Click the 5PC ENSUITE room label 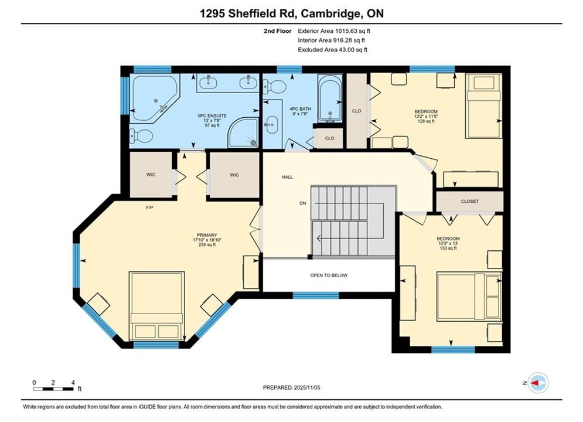(x=212, y=115)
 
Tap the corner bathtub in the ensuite (x=154, y=98)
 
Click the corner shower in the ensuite (x=243, y=132)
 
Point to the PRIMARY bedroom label (x=207, y=235)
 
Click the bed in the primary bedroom (x=157, y=305)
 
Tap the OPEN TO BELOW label (x=329, y=275)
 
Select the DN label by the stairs (x=303, y=203)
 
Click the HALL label (x=287, y=177)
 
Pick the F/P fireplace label (x=149, y=207)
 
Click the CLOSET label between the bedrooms (x=469, y=201)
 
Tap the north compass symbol (x=538, y=383)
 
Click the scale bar (x=53, y=389)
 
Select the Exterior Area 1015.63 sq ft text (x=334, y=31)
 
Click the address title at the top (x=292, y=13)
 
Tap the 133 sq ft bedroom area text (x=448, y=248)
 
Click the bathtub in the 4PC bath (x=329, y=98)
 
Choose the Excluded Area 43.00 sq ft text (x=332, y=49)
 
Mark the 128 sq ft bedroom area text (x=426, y=121)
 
